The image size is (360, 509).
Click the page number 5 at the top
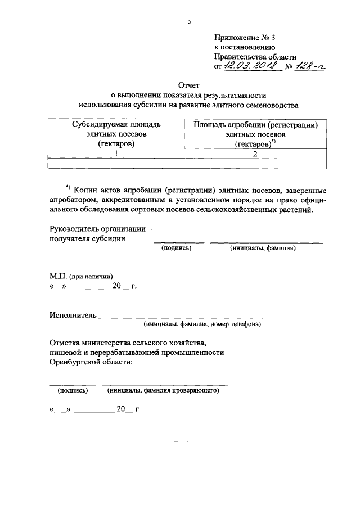coord(190,22)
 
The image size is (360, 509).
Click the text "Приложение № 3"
coord(245,38)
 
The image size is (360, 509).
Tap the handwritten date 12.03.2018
coord(252,67)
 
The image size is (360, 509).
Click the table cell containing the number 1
coord(116,153)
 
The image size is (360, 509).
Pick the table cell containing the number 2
coord(255,153)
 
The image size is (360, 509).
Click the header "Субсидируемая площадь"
coord(116,124)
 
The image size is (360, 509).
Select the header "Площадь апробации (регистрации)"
coord(255,124)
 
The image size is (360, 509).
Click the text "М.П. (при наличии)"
coord(81,276)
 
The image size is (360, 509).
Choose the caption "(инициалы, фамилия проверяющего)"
coord(163,389)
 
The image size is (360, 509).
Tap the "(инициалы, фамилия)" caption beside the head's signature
coord(263,248)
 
